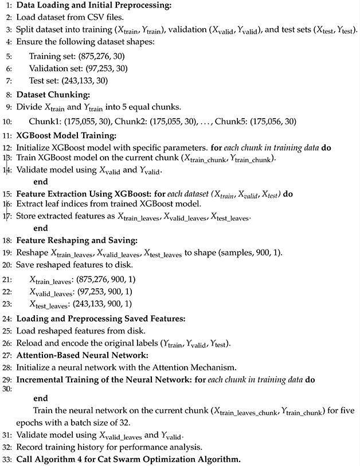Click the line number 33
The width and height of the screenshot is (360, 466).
coord(7,459)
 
